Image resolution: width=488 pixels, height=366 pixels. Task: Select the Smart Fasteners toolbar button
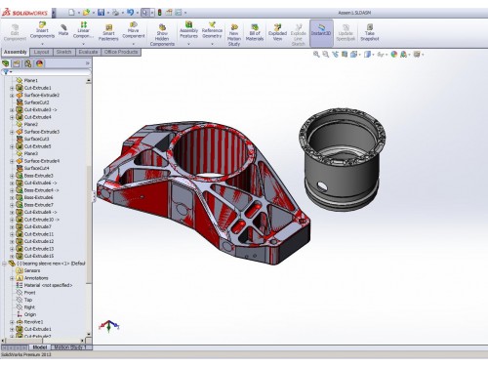pos(108,31)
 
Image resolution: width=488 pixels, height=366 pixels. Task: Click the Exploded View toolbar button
pos(278,31)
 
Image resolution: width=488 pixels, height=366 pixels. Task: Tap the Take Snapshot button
pos(370,31)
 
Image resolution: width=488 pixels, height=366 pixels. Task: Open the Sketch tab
pos(63,51)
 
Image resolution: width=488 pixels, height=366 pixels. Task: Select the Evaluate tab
pos(88,51)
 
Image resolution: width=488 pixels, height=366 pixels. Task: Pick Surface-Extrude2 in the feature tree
pos(43,95)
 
